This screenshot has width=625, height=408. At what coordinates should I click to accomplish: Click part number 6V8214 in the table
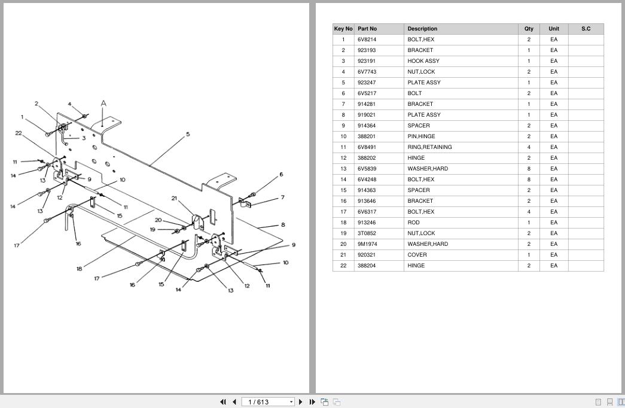(366, 39)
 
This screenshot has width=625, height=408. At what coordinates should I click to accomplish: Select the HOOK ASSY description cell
(423, 61)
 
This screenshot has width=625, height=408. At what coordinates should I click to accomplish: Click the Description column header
(422, 29)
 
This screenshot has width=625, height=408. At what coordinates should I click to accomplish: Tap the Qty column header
(529, 29)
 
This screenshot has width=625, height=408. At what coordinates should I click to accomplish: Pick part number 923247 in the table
(367, 83)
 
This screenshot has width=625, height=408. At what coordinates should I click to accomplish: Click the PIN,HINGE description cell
(421, 136)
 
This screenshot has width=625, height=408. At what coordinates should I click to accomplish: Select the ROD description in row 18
(414, 223)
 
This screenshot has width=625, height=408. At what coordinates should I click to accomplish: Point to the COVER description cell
(417, 255)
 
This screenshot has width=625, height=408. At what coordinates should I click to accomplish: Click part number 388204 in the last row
(367, 266)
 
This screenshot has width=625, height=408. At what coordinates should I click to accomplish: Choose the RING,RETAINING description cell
(429, 147)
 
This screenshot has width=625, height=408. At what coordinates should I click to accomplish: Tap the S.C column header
(586, 29)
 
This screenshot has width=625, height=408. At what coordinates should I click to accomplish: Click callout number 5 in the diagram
(188, 135)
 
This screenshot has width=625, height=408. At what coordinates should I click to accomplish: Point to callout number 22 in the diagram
(19, 133)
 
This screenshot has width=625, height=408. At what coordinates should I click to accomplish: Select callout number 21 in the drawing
(175, 199)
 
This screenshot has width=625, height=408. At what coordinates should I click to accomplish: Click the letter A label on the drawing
(103, 103)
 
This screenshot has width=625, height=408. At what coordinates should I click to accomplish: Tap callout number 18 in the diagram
(79, 269)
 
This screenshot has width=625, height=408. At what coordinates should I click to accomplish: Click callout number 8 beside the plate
(283, 225)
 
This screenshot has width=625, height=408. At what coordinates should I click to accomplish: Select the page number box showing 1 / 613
(268, 402)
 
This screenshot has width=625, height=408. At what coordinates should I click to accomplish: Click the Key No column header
(343, 29)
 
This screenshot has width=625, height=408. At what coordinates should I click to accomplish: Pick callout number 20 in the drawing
(158, 220)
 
